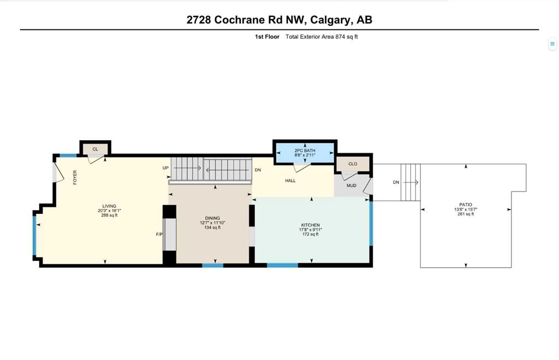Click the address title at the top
[x=279, y=20]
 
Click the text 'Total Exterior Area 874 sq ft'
[x=322, y=37]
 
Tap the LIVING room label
[x=109, y=206]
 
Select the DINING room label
[x=212, y=218]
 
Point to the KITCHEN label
[x=311, y=225]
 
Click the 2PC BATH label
[x=305, y=151]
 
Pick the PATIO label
[x=466, y=205]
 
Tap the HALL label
[x=290, y=181]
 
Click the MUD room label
[x=352, y=185]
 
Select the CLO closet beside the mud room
[x=353, y=164]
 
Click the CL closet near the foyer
[x=95, y=149]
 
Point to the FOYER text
[x=75, y=177]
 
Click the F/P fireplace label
[x=159, y=235]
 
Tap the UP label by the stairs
[x=165, y=168]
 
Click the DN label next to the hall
[x=258, y=170]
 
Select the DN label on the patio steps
[x=396, y=182]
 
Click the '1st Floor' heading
[x=267, y=37]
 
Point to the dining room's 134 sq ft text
[x=212, y=227]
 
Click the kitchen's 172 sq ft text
[x=311, y=235]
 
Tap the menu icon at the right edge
[x=552, y=44]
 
